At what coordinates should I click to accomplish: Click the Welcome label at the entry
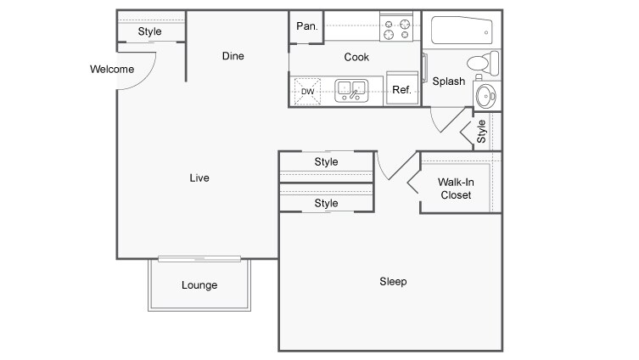pos(111,69)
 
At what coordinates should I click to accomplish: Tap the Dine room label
pos(233,57)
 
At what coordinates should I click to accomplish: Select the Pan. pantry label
pos(306,26)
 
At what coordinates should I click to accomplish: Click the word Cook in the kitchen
pos(356,57)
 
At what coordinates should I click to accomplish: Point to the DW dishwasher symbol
pos(306,91)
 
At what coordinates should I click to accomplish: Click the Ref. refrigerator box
pos(401,90)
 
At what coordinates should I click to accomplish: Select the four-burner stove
pos(397,30)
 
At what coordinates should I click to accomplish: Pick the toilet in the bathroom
pos(485,62)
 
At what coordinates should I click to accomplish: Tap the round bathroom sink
pos(485,93)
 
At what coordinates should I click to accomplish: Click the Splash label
pos(448,82)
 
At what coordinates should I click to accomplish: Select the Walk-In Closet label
pos(454,188)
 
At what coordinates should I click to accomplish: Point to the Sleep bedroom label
pos(393,282)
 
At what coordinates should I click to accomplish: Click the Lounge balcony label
pos(199,285)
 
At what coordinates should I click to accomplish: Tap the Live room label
pos(199,178)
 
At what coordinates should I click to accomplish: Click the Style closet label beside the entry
pos(150,32)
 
